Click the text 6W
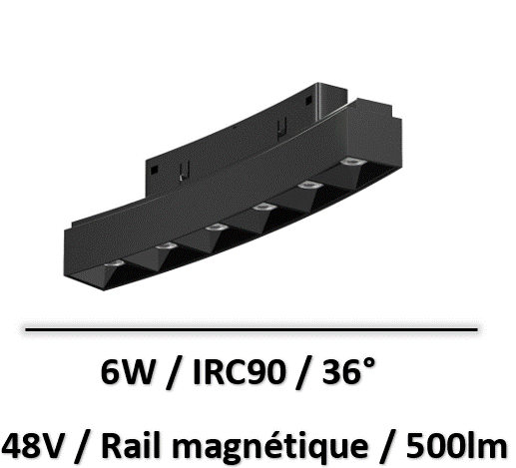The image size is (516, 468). (128, 372)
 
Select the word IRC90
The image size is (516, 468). (240, 372)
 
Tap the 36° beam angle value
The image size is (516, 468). (348, 371)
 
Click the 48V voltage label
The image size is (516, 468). (34, 446)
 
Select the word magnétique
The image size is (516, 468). (270, 447)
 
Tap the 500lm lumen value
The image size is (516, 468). (456, 445)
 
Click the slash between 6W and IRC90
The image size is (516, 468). (175, 373)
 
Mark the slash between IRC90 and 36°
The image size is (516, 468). (303, 373)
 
